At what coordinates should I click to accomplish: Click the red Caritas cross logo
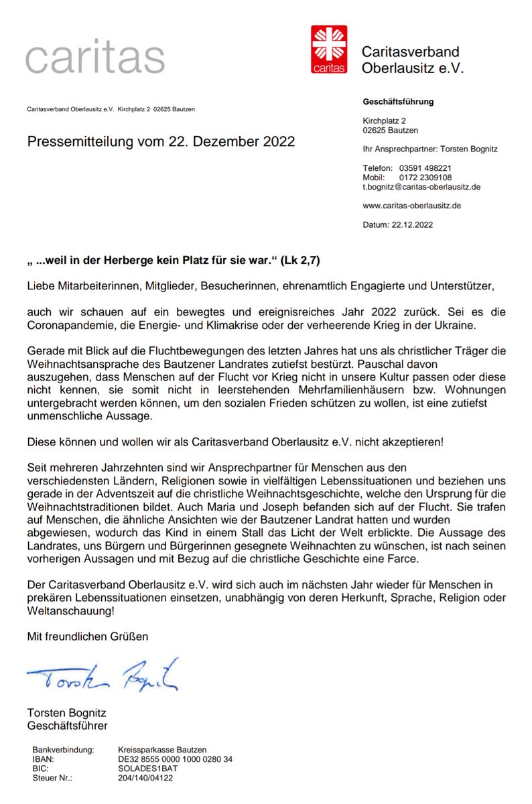(329, 49)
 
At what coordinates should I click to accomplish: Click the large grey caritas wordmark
(95, 58)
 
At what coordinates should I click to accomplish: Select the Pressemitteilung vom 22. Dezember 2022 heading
(161, 142)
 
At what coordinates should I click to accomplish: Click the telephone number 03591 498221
(425, 167)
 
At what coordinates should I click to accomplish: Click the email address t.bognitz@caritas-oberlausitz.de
(421, 187)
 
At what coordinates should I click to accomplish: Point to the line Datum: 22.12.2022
(397, 225)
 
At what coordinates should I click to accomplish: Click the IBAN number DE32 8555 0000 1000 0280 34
(175, 759)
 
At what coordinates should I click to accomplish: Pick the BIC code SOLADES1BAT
(147, 768)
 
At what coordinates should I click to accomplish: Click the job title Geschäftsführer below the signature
(67, 726)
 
